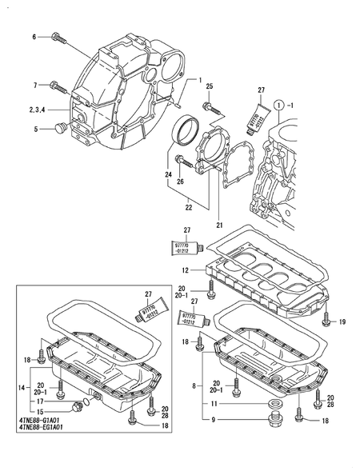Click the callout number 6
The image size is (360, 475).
[x=34, y=37]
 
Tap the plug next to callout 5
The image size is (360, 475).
[x=60, y=128]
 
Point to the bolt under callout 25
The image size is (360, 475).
[x=208, y=106]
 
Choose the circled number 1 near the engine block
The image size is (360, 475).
[x=279, y=105]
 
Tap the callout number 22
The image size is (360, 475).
[x=189, y=207]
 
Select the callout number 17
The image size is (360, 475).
[x=38, y=401]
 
